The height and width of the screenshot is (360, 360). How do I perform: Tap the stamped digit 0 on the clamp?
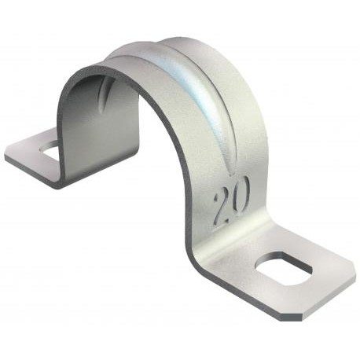[x=240, y=192]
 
